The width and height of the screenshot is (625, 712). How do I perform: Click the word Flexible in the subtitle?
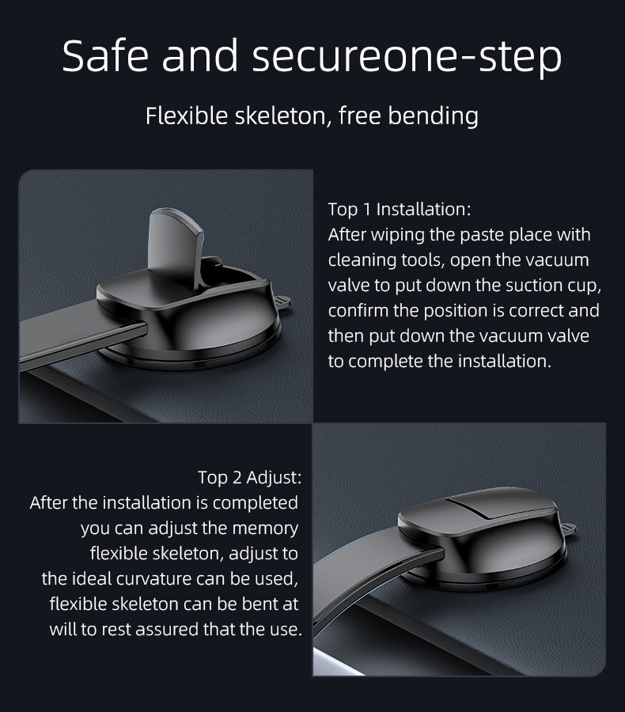(x=187, y=116)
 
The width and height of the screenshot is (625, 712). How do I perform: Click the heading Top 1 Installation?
(x=400, y=210)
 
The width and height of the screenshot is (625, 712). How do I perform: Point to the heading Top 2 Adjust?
(x=249, y=478)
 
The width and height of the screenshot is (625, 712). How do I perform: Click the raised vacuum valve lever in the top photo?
(x=175, y=246)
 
